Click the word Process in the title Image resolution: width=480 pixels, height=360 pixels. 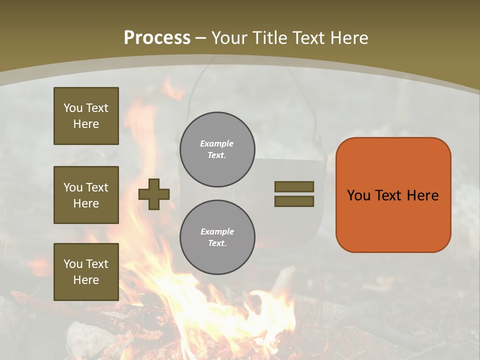click(x=157, y=38)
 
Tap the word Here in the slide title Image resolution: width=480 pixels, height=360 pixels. click(x=349, y=38)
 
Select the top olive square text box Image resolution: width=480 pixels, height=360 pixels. click(x=86, y=116)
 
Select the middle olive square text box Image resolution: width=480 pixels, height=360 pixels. click(x=86, y=195)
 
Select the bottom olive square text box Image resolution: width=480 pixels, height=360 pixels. click(x=86, y=272)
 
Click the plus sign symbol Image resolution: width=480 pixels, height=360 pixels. click(x=154, y=194)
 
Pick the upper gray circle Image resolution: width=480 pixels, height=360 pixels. click(x=217, y=149)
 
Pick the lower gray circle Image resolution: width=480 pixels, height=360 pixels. click(x=217, y=237)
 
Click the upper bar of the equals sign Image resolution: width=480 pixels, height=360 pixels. click(x=294, y=186)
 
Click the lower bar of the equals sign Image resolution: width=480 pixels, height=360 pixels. click(x=294, y=201)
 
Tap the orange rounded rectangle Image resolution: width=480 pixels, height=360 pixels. click(x=393, y=220)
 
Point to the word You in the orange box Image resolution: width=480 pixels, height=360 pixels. click(x=358, y=195)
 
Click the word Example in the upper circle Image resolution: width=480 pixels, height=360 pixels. click(x=217, y=143)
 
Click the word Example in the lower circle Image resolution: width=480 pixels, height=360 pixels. click(x=217, y=231)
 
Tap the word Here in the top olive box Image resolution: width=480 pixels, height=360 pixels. click(x=86, y=124)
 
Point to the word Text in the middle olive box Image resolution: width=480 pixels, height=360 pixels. click(x=97, y=187)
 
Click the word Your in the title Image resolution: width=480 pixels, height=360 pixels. click(x=229, y=38)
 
